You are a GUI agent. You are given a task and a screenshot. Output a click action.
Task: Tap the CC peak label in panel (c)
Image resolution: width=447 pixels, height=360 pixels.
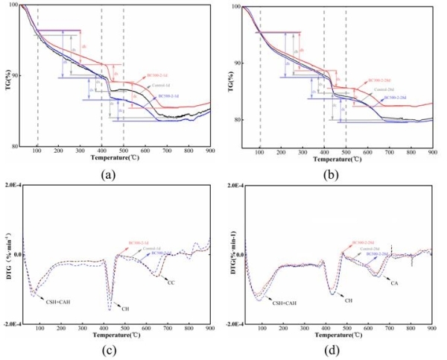click(171, 284)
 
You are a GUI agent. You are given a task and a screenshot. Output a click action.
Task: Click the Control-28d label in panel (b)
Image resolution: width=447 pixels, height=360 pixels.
click(381, 91)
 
